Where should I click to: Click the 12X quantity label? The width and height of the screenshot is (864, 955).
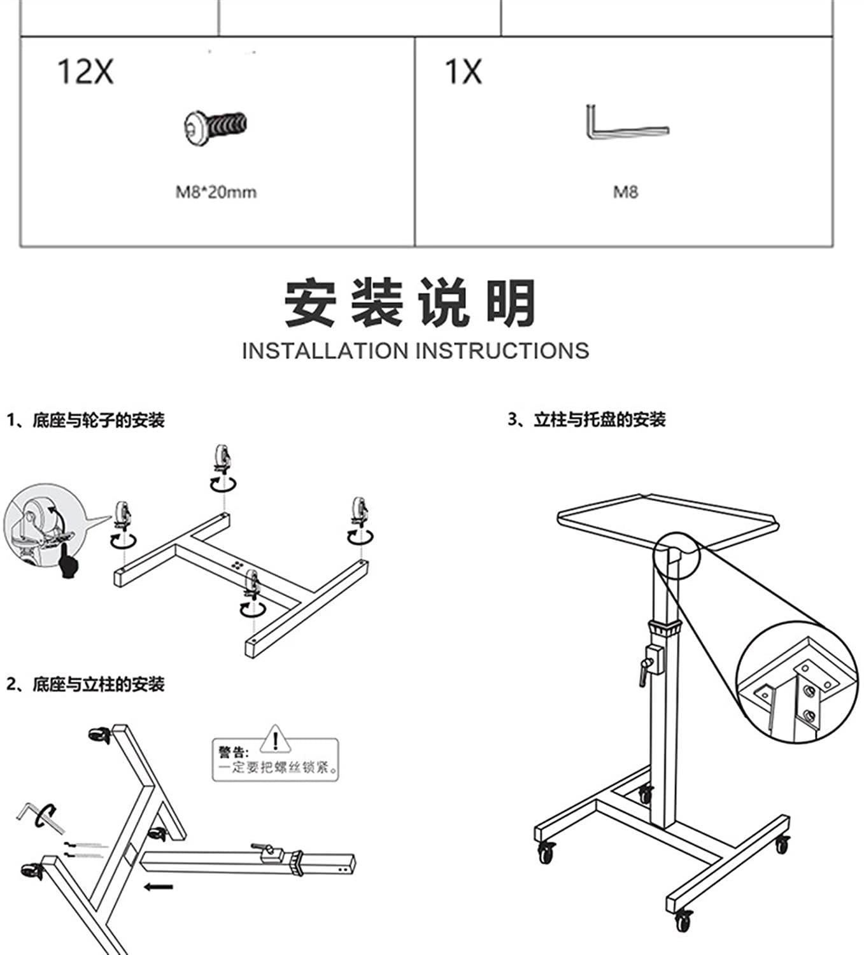(86, 72)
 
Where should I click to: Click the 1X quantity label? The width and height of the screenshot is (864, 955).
(463, 72)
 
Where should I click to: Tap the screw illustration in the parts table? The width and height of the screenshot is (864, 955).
(216, 127)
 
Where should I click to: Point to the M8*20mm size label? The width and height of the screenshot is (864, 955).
(216, 192)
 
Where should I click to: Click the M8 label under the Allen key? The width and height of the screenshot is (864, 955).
(625, 192)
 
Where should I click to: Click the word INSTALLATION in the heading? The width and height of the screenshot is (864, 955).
(325, 351)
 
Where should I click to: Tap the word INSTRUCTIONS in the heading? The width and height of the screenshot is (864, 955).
(502, 351)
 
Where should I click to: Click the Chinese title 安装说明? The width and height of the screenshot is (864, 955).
(411, 303)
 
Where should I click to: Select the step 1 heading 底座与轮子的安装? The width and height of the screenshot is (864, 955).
(98, 420)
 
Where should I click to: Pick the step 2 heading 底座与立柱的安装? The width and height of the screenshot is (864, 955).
(98, 684)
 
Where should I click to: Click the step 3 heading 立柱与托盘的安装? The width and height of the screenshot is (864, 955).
(599, 420)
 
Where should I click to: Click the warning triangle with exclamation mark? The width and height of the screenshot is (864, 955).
(275, 740)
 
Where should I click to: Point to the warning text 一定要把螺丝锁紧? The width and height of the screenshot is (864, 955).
(278, 767)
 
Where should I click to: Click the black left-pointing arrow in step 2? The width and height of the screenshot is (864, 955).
(158, 886)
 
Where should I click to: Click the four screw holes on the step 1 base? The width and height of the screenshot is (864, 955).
(238, 565)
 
